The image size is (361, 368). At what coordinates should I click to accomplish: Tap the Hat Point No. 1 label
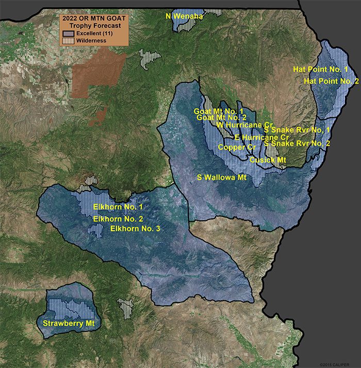pos(320,69)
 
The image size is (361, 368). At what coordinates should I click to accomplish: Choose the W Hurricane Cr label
pos(244,125)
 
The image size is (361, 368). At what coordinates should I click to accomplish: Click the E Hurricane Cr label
pos(261,137)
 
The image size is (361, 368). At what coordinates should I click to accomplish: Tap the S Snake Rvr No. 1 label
pos(300,129)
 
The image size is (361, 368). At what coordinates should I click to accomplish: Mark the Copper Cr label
pos(237,148)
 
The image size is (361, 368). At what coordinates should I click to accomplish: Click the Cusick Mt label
pos(268,161)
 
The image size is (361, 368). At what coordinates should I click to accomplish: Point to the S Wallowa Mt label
pos(222,177)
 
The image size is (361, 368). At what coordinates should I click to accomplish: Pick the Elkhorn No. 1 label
pos(118,207)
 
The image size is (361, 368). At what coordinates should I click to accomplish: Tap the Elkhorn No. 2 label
pos(118,219)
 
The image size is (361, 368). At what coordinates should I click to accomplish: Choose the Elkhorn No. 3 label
pos(135,228)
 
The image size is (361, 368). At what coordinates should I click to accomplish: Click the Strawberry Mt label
pos(69,324)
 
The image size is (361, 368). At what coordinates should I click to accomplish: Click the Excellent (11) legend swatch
pos(68,33)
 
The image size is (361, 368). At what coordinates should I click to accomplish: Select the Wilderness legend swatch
pos(68,40)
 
